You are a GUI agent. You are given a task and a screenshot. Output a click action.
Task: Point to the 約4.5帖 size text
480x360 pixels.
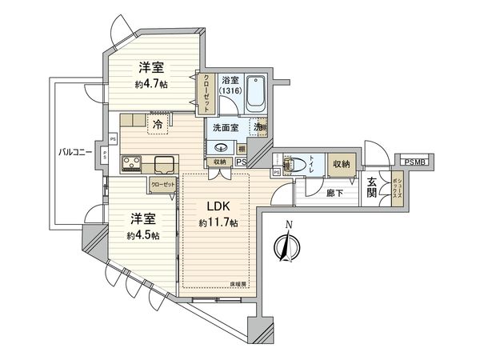point(143,235)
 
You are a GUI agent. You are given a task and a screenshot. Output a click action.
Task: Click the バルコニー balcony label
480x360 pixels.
point(77,152)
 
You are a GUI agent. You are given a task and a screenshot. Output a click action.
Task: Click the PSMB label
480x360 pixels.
point(416,162)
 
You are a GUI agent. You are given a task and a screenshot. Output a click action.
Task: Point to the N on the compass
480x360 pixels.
point(289,224)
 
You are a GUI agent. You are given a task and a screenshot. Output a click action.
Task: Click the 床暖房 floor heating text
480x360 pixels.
point(240,284)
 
